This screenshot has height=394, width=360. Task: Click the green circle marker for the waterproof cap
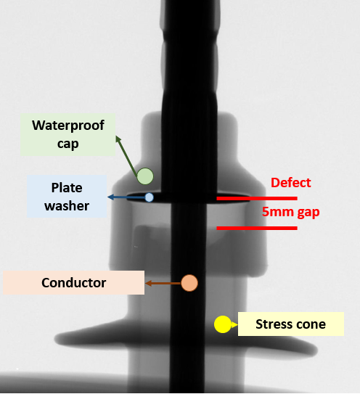[x=145, y=176]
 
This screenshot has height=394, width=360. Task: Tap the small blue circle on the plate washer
[x=149, y=197]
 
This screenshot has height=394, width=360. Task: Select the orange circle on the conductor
[x=189, y=283]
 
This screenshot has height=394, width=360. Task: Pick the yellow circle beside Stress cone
[x=223, y=324]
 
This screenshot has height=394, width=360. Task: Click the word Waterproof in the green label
[x=68, y=126]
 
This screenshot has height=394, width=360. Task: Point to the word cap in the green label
[x=68, y=144]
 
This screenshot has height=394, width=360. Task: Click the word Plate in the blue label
[x=67, y=188]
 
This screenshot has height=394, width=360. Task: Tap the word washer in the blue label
[x=67, y=206]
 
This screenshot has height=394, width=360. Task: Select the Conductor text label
[x=73, y=283]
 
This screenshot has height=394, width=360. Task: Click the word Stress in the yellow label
[x=274, y=324]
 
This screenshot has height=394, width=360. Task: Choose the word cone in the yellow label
[x=311, y=324]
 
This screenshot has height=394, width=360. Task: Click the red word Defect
[x=290, y=183]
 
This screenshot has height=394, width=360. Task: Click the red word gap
[x=308, y=213]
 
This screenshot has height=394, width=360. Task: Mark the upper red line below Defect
[x=257, y=199]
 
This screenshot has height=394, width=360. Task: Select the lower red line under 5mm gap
[x=257, y=228]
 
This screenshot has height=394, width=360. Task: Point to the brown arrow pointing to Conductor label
[x=163, y=284]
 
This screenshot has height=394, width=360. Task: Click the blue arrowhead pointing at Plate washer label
[x=110, y=197]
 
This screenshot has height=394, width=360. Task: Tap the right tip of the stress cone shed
[x=317, y=350]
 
